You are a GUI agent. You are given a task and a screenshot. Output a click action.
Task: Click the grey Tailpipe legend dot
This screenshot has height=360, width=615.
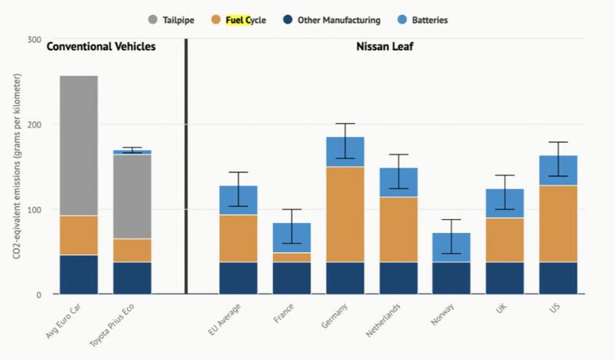pos(153,20)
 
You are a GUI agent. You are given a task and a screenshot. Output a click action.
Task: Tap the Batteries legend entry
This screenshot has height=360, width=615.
pos(430,20)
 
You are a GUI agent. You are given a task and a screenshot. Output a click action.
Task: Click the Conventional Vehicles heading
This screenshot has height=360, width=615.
pos(101,47)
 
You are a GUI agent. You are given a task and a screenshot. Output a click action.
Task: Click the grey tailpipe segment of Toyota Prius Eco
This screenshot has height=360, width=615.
pos(132,196)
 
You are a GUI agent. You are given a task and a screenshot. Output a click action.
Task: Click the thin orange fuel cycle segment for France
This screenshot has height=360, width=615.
pos(292,257)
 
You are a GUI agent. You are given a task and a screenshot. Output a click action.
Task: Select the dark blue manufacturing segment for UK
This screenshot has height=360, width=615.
pos(505,278)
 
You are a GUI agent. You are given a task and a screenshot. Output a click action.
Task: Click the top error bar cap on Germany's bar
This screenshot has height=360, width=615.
pos(345,124)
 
